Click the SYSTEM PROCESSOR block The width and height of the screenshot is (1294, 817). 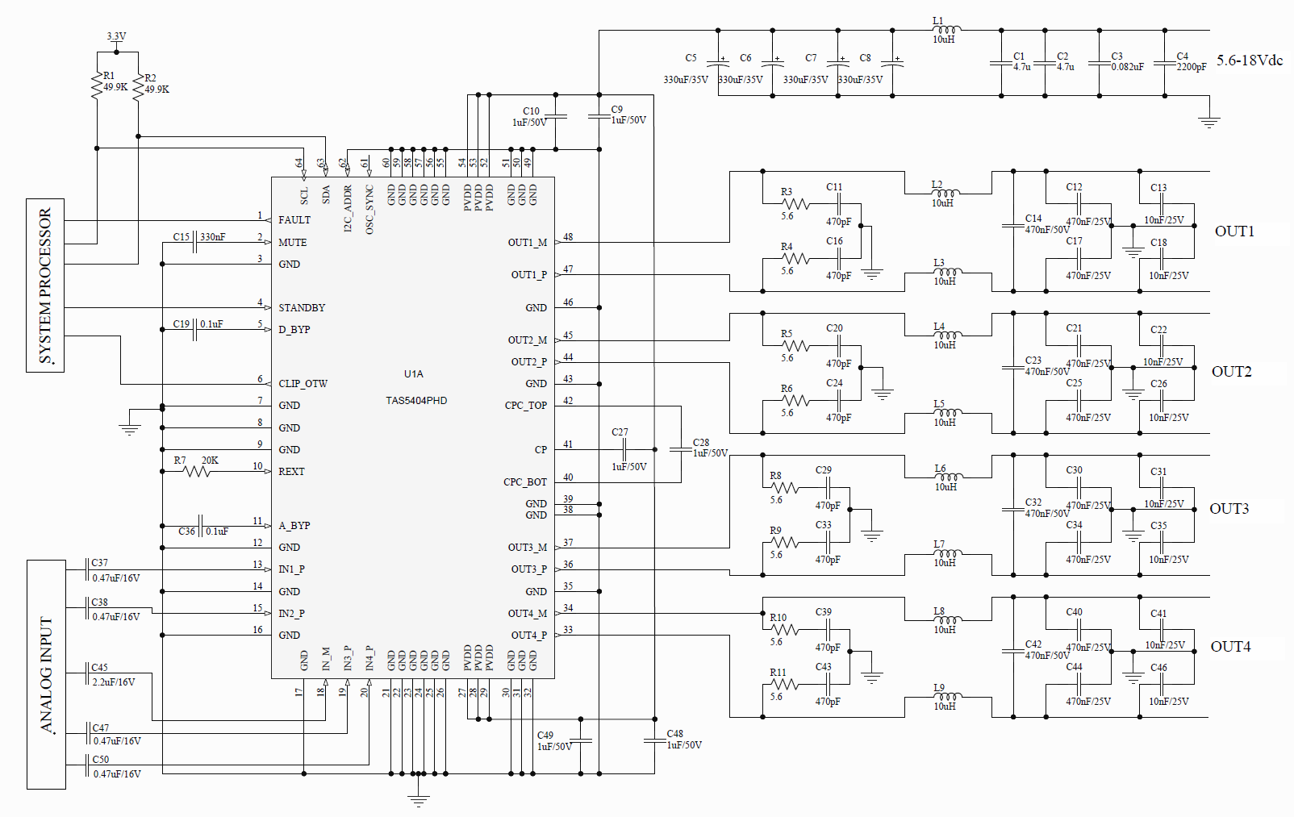45,286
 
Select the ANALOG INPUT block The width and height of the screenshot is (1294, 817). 46,674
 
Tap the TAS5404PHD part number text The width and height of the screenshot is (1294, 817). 416,400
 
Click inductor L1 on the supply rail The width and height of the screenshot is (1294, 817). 945,30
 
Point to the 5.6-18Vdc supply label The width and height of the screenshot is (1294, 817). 1249,60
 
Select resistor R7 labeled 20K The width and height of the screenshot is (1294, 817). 198,471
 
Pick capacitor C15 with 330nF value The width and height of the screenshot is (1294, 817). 195,242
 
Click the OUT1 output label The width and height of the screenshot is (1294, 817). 1234,231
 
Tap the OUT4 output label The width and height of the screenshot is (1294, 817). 1230,647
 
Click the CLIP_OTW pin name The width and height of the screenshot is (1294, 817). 303,384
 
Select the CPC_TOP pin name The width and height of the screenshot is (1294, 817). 525,406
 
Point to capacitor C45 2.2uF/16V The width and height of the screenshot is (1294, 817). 88,674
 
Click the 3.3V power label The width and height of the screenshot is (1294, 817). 116,36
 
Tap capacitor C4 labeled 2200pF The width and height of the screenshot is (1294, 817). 1164,63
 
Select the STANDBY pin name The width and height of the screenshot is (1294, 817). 302,308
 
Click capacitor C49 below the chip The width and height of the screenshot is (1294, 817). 580,740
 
